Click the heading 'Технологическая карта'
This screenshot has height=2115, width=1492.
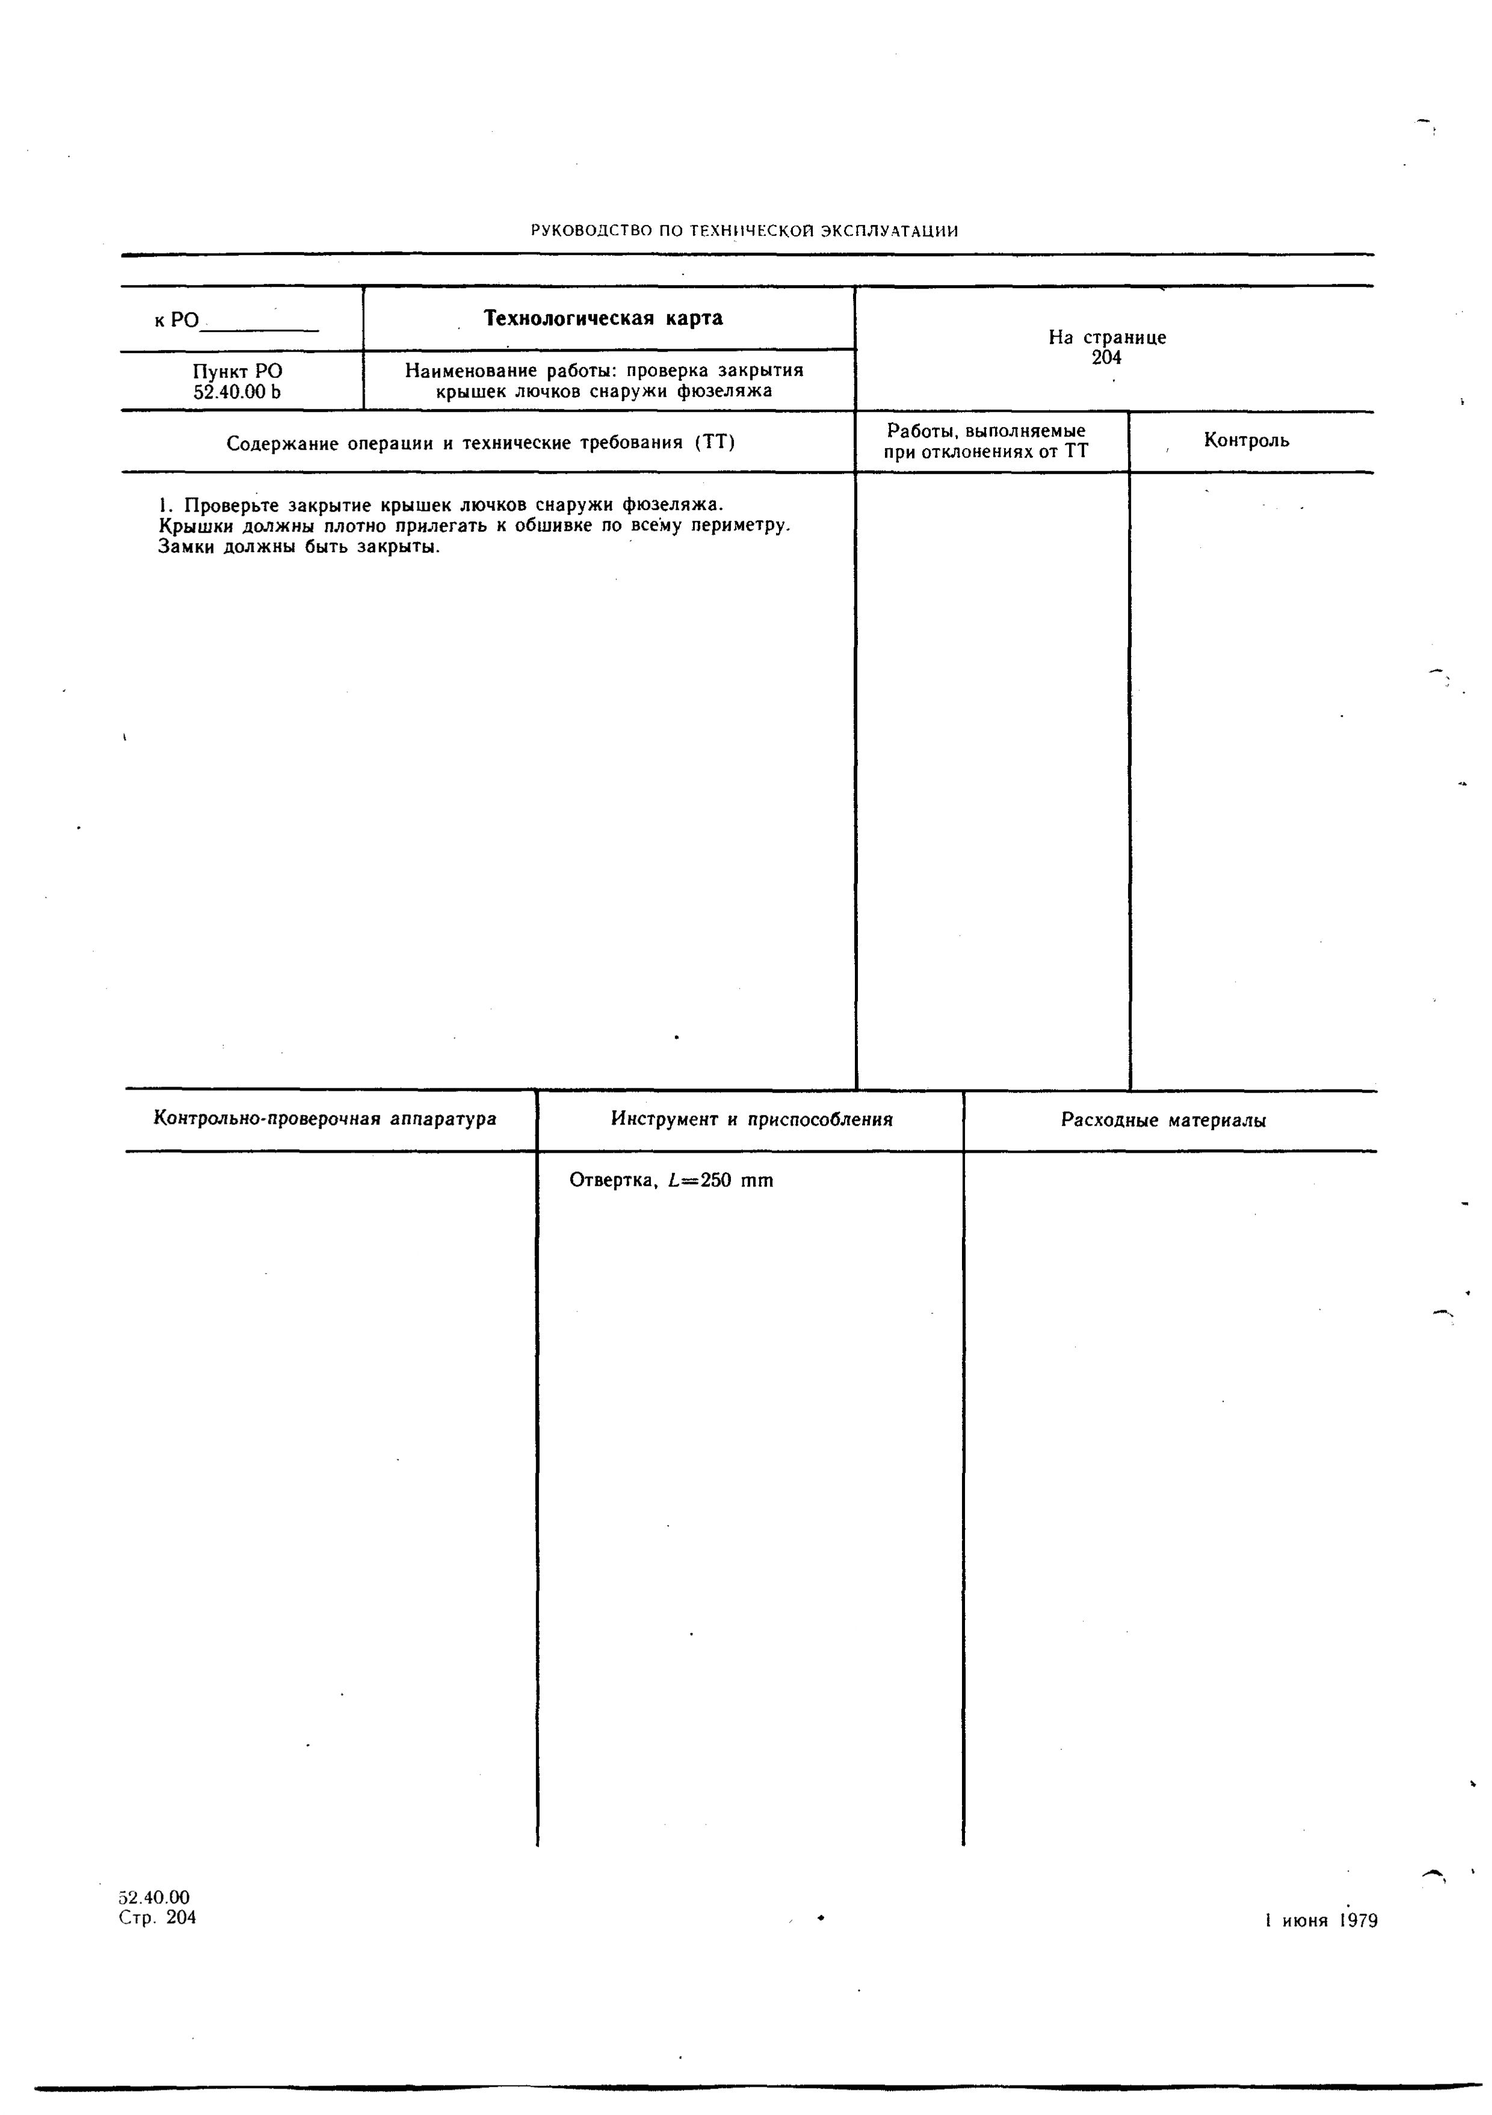(x=603, y=319)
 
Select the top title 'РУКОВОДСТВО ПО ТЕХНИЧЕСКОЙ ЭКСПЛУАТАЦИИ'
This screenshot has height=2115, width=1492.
(x=745, y=231)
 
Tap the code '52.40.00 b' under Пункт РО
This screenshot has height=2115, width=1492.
(x=237, y=391)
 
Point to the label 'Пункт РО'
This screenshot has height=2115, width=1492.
(x=238, y=371)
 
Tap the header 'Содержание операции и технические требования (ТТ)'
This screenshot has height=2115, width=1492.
(x=481, y=444)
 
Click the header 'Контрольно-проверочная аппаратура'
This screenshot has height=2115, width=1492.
(x=324, y=1119)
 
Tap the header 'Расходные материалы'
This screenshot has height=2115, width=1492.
(x=1163, y=1120)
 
